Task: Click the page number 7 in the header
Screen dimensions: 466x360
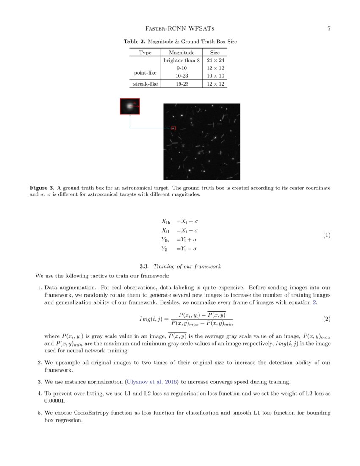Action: (329, 29)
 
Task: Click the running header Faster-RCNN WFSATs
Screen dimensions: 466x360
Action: (180, 29)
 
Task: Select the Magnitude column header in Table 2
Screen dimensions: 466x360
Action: (182, 53)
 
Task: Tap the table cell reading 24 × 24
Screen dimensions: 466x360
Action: (215, 61)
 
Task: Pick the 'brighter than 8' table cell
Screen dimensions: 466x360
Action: (182, 61)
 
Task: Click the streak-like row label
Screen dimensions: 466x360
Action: (145, 84)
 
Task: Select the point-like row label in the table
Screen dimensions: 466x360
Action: (145, 73)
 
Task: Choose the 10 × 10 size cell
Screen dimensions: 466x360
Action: (215, 75)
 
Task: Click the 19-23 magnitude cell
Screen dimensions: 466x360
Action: (182, 84)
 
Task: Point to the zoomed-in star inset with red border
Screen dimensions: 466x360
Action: (130, 106)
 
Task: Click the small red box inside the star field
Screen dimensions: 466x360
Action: (173, 128)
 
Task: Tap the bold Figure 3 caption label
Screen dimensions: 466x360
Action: (42, 188)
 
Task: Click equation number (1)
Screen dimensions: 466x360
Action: (326, 235)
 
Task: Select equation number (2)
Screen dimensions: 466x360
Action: (326, 318)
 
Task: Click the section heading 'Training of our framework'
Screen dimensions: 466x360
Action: (187, 266)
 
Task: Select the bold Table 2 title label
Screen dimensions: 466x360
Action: (134, 42)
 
